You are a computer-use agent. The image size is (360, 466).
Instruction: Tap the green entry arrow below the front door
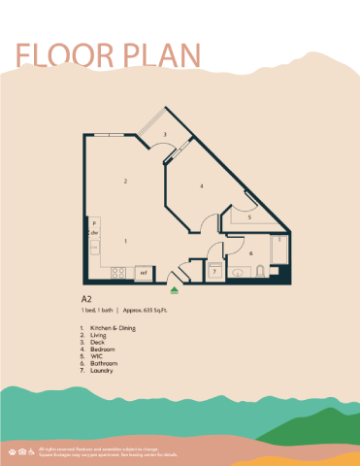[x=175, y=288]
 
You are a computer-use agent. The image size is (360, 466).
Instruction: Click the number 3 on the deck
[x=166, y=134]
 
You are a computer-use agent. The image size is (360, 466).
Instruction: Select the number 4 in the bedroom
[x=201, y=185]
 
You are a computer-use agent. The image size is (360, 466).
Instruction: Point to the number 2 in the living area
[x=125, y=182]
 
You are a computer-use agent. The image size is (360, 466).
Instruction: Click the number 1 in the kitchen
[x=125, y=240]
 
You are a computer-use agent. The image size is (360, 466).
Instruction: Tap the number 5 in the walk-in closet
[x=249, y=218]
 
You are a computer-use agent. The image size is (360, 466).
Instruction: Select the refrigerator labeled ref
[x=144, y=273]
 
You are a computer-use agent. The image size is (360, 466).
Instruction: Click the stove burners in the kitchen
[x=117, y=273]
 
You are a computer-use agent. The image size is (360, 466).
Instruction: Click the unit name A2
[x=85, y=299]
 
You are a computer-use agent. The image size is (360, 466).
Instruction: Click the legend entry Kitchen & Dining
[x=109, y=329]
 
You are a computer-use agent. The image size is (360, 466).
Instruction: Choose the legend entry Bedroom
[x=101, y=352]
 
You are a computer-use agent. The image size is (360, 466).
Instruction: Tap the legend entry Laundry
[x=101, y=370]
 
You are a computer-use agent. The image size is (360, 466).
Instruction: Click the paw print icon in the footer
[x=12, y=451]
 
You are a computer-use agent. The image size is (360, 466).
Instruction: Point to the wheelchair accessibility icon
[x=31, y=451]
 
